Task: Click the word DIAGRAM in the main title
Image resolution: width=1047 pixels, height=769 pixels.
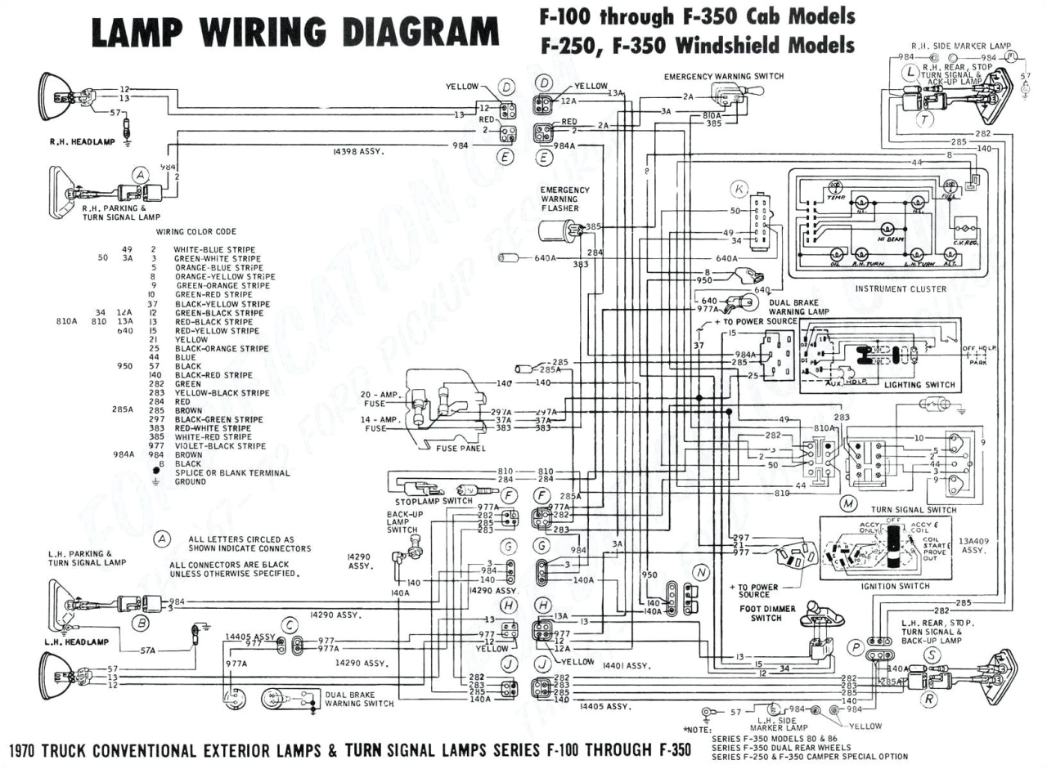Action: point(420,33)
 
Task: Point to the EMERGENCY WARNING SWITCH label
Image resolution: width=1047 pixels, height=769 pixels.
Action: point(723,77)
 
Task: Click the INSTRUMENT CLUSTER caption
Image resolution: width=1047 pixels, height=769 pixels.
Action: point(901,288)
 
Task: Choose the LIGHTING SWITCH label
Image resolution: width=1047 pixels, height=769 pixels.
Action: point(919,384)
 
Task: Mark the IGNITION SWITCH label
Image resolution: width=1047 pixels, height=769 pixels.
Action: point(895,586)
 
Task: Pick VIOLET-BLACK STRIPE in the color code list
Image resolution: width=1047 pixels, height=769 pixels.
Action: point(219,446)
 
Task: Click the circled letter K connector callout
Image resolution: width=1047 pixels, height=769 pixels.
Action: point(739,190)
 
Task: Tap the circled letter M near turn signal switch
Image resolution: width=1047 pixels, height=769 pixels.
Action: point(849,504)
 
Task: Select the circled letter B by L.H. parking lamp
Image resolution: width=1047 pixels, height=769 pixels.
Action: point(142,624)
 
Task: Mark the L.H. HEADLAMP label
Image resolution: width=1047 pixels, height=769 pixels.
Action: point(77,642)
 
